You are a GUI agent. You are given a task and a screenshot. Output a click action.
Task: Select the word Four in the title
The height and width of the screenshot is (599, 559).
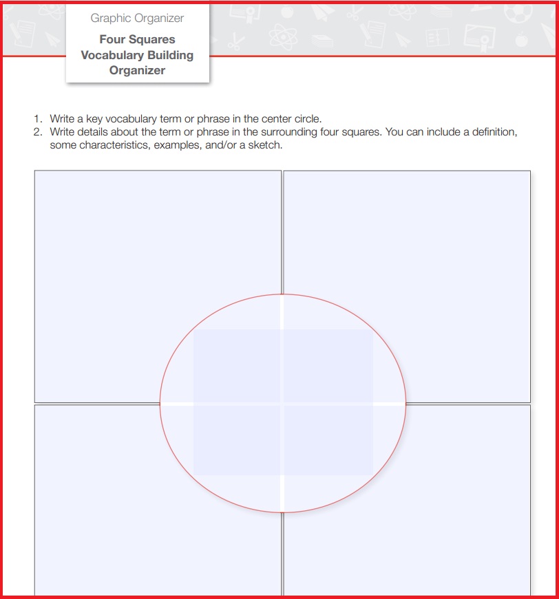pos(112,39)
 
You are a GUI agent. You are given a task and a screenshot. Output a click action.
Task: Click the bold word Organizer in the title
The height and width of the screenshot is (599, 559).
pos(137,70)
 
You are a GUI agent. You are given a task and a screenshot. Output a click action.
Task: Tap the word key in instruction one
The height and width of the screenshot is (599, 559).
pos(94,119)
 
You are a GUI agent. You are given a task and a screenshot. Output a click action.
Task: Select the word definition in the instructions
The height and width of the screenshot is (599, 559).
pos(493,131)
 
